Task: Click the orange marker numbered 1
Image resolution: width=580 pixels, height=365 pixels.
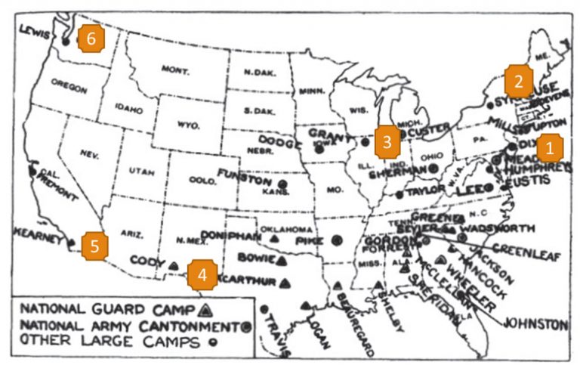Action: coord(549,146)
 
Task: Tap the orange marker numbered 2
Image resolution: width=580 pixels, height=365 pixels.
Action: coord(519,78)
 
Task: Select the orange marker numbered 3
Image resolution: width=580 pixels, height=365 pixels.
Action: coord(387,141)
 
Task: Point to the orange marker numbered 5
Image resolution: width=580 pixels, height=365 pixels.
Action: coord(95,246)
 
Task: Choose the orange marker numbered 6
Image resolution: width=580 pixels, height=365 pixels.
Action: coord(91,39)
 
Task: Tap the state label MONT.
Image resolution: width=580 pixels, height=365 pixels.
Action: coord(174,69)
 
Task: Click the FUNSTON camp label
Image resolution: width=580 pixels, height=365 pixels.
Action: coord(243,175)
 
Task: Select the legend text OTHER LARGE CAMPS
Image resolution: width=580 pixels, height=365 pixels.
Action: coord(99,341)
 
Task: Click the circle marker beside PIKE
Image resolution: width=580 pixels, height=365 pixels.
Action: coord(337,240)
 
